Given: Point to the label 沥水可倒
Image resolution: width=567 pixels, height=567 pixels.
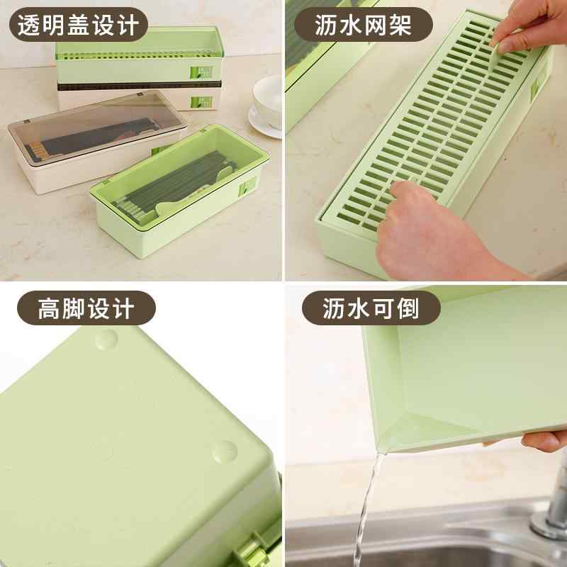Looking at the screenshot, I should [x=371, y=309].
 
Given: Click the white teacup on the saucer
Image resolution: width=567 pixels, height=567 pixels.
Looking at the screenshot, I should [x=268, y=95].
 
